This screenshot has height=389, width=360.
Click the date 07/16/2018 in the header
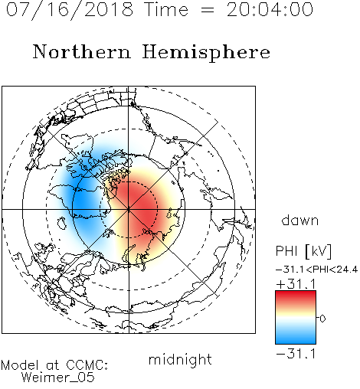[x=70, y=9]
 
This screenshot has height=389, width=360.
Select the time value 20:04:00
[x=270, y=9]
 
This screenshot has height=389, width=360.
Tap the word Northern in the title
[x=82, y=51]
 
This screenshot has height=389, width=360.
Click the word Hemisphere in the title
[x=206, y=53]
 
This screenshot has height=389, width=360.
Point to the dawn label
[x=300, y=220]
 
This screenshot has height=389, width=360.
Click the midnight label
[x=180, y=360]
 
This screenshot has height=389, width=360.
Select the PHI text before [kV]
[x=286, y=251]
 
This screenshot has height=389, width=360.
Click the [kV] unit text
[x=318, y=251]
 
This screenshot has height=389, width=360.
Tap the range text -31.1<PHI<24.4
[x=316, y=270]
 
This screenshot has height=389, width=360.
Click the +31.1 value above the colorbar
[x=296, y=284]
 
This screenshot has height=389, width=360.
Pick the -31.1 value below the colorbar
[x=296, y=354]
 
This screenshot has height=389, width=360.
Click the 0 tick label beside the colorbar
[x=322, y=319]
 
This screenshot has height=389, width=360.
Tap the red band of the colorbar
[x=296, y=297]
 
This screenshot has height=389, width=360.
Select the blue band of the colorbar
[x=296, y=336]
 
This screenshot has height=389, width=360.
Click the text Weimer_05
[x=57, y=378]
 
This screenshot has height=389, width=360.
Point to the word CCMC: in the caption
[x=87, y=365]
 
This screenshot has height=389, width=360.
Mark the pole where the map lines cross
[x=129, y=209]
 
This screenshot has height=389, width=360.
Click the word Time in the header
[x=166, y=9]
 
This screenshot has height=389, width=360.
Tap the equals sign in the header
[x=208, y=10]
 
